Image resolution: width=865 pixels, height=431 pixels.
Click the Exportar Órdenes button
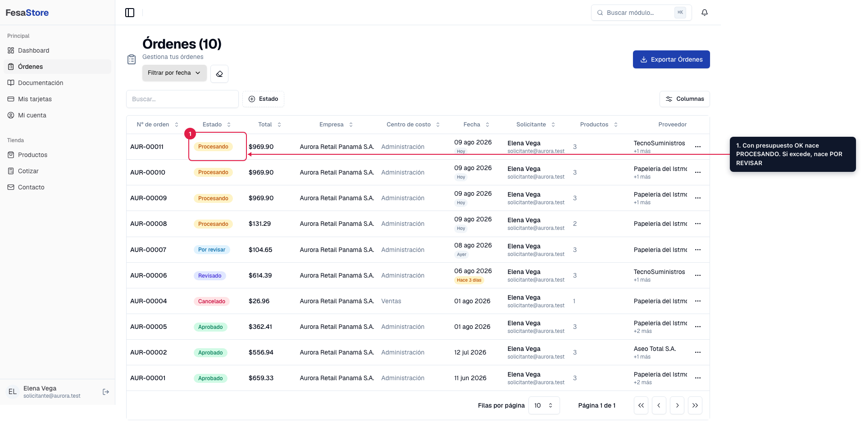[671, 59]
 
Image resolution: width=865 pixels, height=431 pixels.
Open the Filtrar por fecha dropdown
[174, 73]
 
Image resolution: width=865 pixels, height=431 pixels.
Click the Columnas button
[684, 99]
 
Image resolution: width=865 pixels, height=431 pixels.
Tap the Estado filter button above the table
[263, 99]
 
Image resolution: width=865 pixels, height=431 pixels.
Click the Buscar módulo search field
[641, 13]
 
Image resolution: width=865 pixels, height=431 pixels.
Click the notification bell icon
[705, 13]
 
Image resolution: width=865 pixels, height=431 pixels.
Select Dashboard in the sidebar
[34, 50]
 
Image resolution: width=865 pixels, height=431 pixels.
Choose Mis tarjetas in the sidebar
[35, 99]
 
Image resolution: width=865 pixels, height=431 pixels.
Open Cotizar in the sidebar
[28, 171]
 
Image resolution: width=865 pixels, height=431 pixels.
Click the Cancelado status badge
[212, 301]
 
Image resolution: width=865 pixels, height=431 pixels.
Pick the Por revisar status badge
[212, 250]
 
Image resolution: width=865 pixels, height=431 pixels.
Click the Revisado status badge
[210, 276]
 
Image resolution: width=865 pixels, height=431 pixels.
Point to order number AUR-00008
[149, 224]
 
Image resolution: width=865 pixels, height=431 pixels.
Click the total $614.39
[260, 275]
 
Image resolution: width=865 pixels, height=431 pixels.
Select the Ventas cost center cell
[391, 301]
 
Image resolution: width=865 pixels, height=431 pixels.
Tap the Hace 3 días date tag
[469, 280]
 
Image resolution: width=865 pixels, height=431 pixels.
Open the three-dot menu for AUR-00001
[698, 378]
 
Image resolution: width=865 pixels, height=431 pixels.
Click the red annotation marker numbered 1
[190, 134]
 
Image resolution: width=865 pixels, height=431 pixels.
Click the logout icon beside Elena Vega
[106, 392]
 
